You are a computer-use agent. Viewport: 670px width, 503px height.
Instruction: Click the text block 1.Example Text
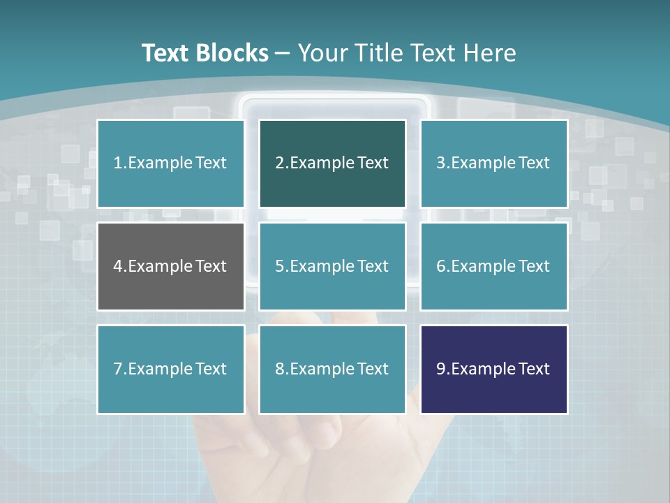pyautogui.click(x=170, y=163)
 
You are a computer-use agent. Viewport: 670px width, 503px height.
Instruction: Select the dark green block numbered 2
pyautogui.click(x=332, y=163)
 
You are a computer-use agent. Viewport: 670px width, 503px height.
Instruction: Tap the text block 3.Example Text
pyautogui.click(x=493, y=163)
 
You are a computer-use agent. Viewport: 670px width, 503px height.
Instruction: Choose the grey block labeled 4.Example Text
pyautogui.click(x=170, y=266)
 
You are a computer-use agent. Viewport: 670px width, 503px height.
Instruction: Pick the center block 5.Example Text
pyautogui.click(x=332, y=266)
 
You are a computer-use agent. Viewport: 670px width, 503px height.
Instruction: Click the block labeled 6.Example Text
pyautogui.click(x=493, y=266)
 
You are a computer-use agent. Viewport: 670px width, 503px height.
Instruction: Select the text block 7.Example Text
pyautogui.click(x=170, y=369)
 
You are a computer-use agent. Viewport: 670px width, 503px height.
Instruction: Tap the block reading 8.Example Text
pyautogui.click(x=332, y=369)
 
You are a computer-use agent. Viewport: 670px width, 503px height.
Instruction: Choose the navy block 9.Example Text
pyautogui.click(x=493, y=369)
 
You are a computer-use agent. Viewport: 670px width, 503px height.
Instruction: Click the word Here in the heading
pyautogui.click(x=491, y=53)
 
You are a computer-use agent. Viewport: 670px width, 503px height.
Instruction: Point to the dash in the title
pyautogui.click(x=283, y=53)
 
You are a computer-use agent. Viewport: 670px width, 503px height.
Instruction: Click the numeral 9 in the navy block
pyautogui.click(x=441, y=369)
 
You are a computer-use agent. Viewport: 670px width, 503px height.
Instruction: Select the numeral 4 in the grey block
pyautogui.click(x=118, y=266)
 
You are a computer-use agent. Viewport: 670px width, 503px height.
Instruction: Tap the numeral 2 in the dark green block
pyautogui.click(x=279, y=163)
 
